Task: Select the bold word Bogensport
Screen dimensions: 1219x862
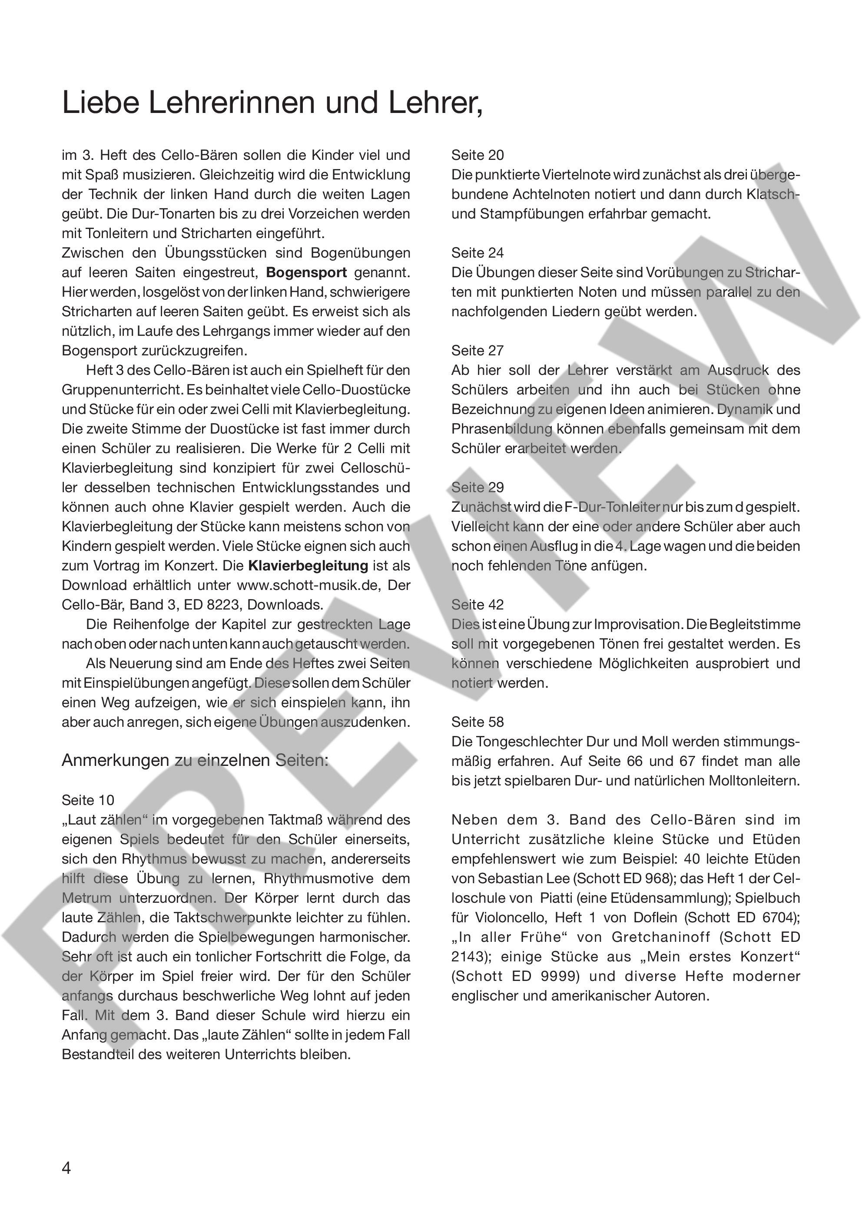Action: (306, 273)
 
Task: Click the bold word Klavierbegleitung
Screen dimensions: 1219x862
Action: (308, 566)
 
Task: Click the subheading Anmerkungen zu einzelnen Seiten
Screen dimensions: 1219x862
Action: (195, 761)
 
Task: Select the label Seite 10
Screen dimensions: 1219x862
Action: (88, 801)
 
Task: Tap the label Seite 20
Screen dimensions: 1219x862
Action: (477, 155)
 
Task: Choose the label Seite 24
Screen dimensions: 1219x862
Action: (477, 253)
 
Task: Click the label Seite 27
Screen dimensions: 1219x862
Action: (477, 351)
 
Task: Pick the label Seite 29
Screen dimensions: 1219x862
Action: (477, 487)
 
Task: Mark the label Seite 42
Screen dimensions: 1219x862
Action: (477, 605)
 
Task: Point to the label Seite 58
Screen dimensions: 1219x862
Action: (477, 722)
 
